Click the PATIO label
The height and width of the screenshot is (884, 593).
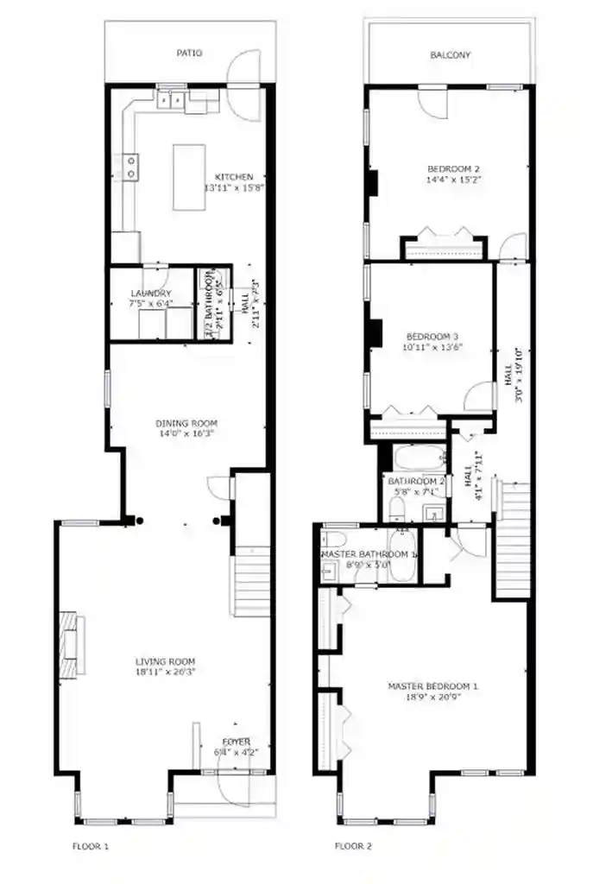tap(189, 53)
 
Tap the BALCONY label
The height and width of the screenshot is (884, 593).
tap(450, 55)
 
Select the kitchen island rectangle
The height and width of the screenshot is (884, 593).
tap(189, 177)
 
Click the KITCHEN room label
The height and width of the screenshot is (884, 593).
tap(234, 177)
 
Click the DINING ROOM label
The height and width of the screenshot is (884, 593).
tap(186, 423)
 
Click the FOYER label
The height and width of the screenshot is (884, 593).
tap(236, 742)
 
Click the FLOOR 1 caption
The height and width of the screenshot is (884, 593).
tap(90, 846)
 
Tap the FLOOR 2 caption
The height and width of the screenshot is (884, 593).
tap(353, 846)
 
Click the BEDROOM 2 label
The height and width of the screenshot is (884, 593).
tap(453, 169)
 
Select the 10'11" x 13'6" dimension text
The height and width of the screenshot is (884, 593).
tap(434, 347)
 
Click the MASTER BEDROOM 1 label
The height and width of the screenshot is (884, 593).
tap(432, 686)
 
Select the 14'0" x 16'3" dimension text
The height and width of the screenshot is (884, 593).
tap(186, 434)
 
